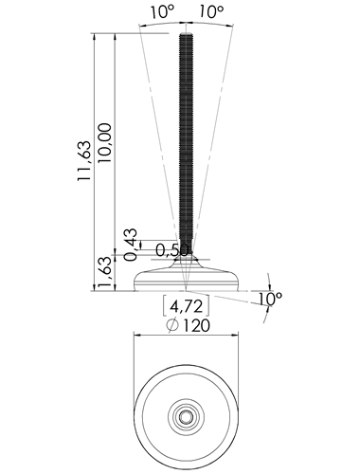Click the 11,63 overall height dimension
coord(84,161)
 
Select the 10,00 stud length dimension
coord(105,143)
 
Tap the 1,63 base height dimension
coord(105,273)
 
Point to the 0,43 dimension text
coord(131,245)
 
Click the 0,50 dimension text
coord(172,250)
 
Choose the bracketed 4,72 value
coord(186,306)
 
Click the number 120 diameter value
coord(196,325)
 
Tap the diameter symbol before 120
coord(172,325)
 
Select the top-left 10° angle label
coord(162,12)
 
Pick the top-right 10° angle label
coord(211,12)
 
